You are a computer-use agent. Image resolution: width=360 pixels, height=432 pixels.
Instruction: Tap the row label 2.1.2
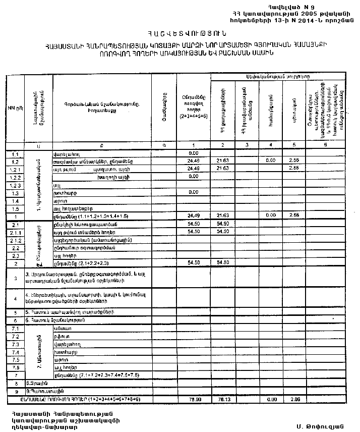(15, 240)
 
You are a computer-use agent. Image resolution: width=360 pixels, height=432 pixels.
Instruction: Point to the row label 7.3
(15, 344)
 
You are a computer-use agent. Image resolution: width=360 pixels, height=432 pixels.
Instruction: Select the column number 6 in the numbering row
(325, 145)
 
